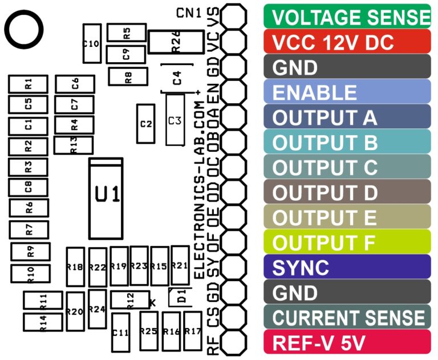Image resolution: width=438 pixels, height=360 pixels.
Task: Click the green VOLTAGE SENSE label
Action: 347,17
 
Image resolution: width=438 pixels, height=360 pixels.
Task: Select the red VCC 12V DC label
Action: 347,42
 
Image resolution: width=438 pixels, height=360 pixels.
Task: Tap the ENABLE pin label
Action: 347,92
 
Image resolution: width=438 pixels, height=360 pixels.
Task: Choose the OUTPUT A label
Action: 347,117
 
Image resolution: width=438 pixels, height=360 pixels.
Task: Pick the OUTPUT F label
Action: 347,242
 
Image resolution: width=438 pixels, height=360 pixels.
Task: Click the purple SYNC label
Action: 347,267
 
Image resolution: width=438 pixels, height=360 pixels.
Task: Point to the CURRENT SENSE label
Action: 347,317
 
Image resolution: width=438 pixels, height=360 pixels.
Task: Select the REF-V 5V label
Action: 347,342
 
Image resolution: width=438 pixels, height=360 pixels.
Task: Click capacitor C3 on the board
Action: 175,120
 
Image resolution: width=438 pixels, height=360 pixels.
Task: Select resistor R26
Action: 176,42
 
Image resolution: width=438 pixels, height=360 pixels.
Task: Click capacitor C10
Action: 91,43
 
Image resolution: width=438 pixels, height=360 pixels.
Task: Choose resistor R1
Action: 28,84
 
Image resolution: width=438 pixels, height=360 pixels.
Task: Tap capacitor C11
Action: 120,332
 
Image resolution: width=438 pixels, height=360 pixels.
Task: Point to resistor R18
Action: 75,266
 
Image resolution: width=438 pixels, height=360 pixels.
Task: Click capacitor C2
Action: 145,123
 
